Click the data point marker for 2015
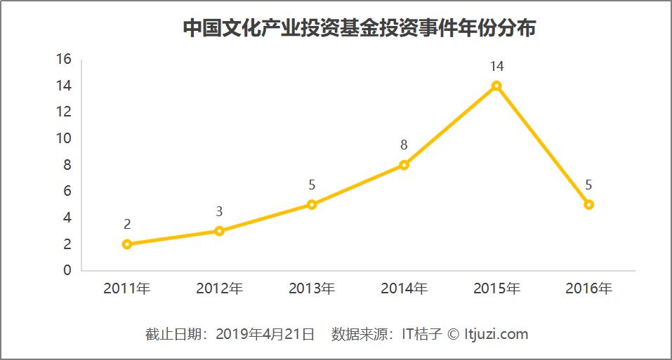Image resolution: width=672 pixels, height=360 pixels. [x=496, y=86]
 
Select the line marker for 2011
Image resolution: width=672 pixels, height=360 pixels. [x=127, y=244]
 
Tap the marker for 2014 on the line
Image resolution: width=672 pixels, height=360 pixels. [x=404, y=165]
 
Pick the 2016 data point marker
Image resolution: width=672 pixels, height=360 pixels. [x=588, y=205]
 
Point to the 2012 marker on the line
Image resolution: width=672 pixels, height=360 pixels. [x=219, y=231]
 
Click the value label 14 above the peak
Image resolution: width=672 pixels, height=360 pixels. [x=496, y=67]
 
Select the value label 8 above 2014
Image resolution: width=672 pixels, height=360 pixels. [x=404, y=146]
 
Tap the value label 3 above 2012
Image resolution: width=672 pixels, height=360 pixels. [x=219, y=212]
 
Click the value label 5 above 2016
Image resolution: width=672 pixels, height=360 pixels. [x=588, y=185]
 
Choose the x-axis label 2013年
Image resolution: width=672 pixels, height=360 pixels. [x=312, y=288]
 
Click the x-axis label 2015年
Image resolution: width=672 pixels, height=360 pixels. [x=496, y=288]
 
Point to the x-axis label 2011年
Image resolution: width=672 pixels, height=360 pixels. [x=127, y=288]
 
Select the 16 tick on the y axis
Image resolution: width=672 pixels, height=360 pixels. [x=64, y=59]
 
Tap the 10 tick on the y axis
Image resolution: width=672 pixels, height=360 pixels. [x=64, y=138]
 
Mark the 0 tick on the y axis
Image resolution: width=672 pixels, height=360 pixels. [x=67, y=270]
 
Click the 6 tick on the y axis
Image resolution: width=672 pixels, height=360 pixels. [x=67, y=191]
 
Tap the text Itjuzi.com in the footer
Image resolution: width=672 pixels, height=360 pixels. [x=496, y=334]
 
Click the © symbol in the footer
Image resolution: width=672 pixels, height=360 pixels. [x=453, y=334]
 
